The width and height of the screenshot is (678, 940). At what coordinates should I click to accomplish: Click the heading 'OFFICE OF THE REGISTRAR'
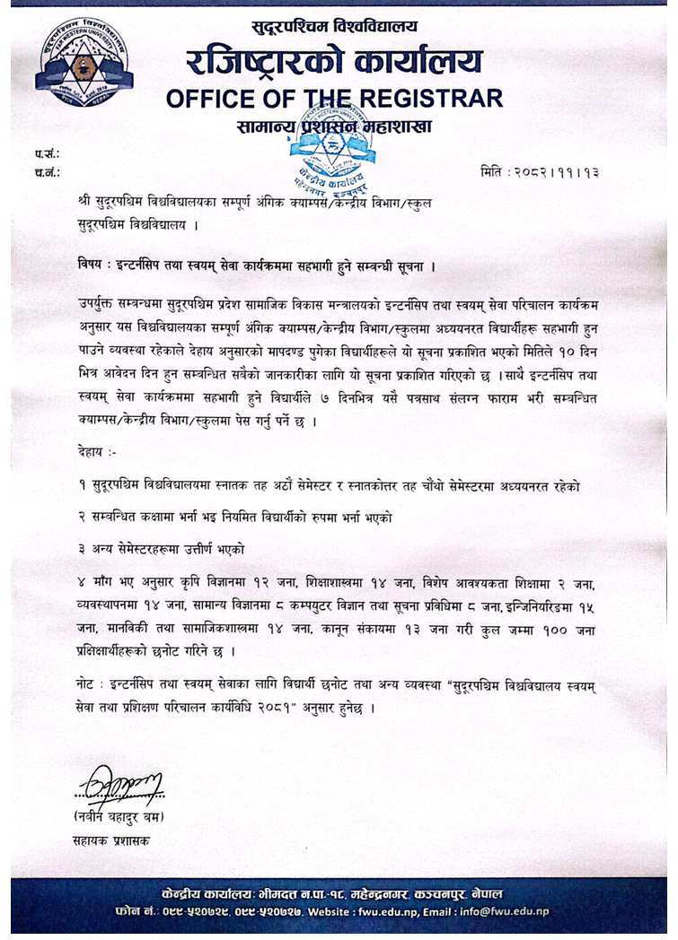point(334,97)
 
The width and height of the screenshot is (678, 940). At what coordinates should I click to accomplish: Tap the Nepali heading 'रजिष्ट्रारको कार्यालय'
point(334,61)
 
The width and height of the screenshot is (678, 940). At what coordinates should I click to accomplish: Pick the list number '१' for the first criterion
point(82,486)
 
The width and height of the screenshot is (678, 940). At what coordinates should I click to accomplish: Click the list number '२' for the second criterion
point(82,517)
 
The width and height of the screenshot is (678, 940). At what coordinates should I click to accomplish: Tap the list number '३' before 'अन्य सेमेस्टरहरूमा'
point(82,547)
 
